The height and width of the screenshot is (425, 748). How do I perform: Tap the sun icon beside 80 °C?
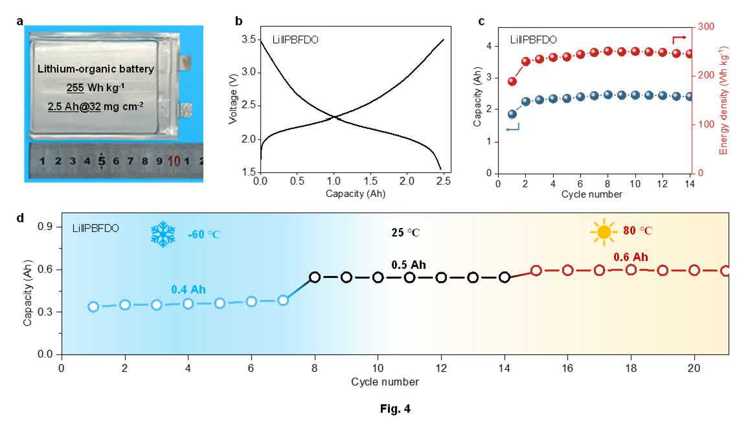click(x=604, y=231)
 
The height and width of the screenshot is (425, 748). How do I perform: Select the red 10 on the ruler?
click(x=174, y=160)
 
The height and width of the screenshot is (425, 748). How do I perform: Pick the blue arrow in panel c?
click(x=513, y=130)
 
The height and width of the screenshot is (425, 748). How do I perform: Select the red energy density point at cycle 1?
click(x=512, y=82)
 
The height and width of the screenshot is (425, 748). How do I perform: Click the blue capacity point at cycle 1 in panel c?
click(x=512, y=114)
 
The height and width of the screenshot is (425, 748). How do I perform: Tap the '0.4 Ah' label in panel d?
click(x=188, y=289)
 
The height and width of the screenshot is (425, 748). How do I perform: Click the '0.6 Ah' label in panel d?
click(x=631, y=257)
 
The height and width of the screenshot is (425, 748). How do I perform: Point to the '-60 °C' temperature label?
click(x=205, y=234)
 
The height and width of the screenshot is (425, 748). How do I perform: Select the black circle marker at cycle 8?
click(x=315, y=277)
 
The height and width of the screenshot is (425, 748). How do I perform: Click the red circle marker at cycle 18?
click(x=631, y=270)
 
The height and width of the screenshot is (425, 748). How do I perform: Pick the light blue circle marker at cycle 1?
click(x=93, y=306)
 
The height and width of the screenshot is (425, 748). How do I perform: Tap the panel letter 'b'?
click(x=238, y=21)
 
